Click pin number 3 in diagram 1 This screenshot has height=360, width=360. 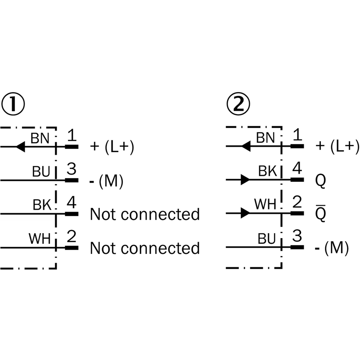point(72,170)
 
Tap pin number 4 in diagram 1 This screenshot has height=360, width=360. point(72,203)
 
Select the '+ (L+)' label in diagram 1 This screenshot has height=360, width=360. point(112,147)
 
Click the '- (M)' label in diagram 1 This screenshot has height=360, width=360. point(107,180)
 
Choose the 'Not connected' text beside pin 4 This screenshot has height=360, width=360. point(145,214)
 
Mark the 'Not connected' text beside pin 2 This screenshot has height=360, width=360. point(145,248)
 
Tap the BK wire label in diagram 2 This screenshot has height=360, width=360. point(267,171)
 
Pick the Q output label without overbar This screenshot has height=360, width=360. point(321,180)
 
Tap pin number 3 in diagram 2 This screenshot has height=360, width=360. point(297,237)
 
